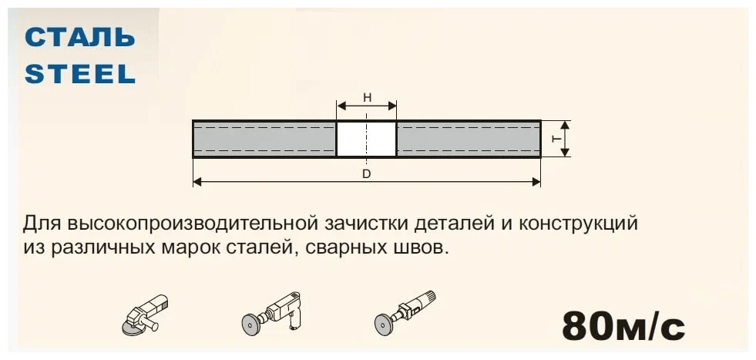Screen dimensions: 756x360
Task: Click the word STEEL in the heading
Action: point(80,73)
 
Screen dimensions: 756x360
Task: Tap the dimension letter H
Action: point(367,98)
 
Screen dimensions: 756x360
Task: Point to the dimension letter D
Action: point(367,173)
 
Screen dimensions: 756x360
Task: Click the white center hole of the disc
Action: point(367,140)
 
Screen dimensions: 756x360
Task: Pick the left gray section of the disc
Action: point(264,140)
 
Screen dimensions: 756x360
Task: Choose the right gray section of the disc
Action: point(469,140)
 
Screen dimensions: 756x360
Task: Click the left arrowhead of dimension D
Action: point(197,182)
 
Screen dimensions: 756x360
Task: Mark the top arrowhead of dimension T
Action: point(565,125)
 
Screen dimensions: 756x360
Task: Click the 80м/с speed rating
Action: point(623,325)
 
